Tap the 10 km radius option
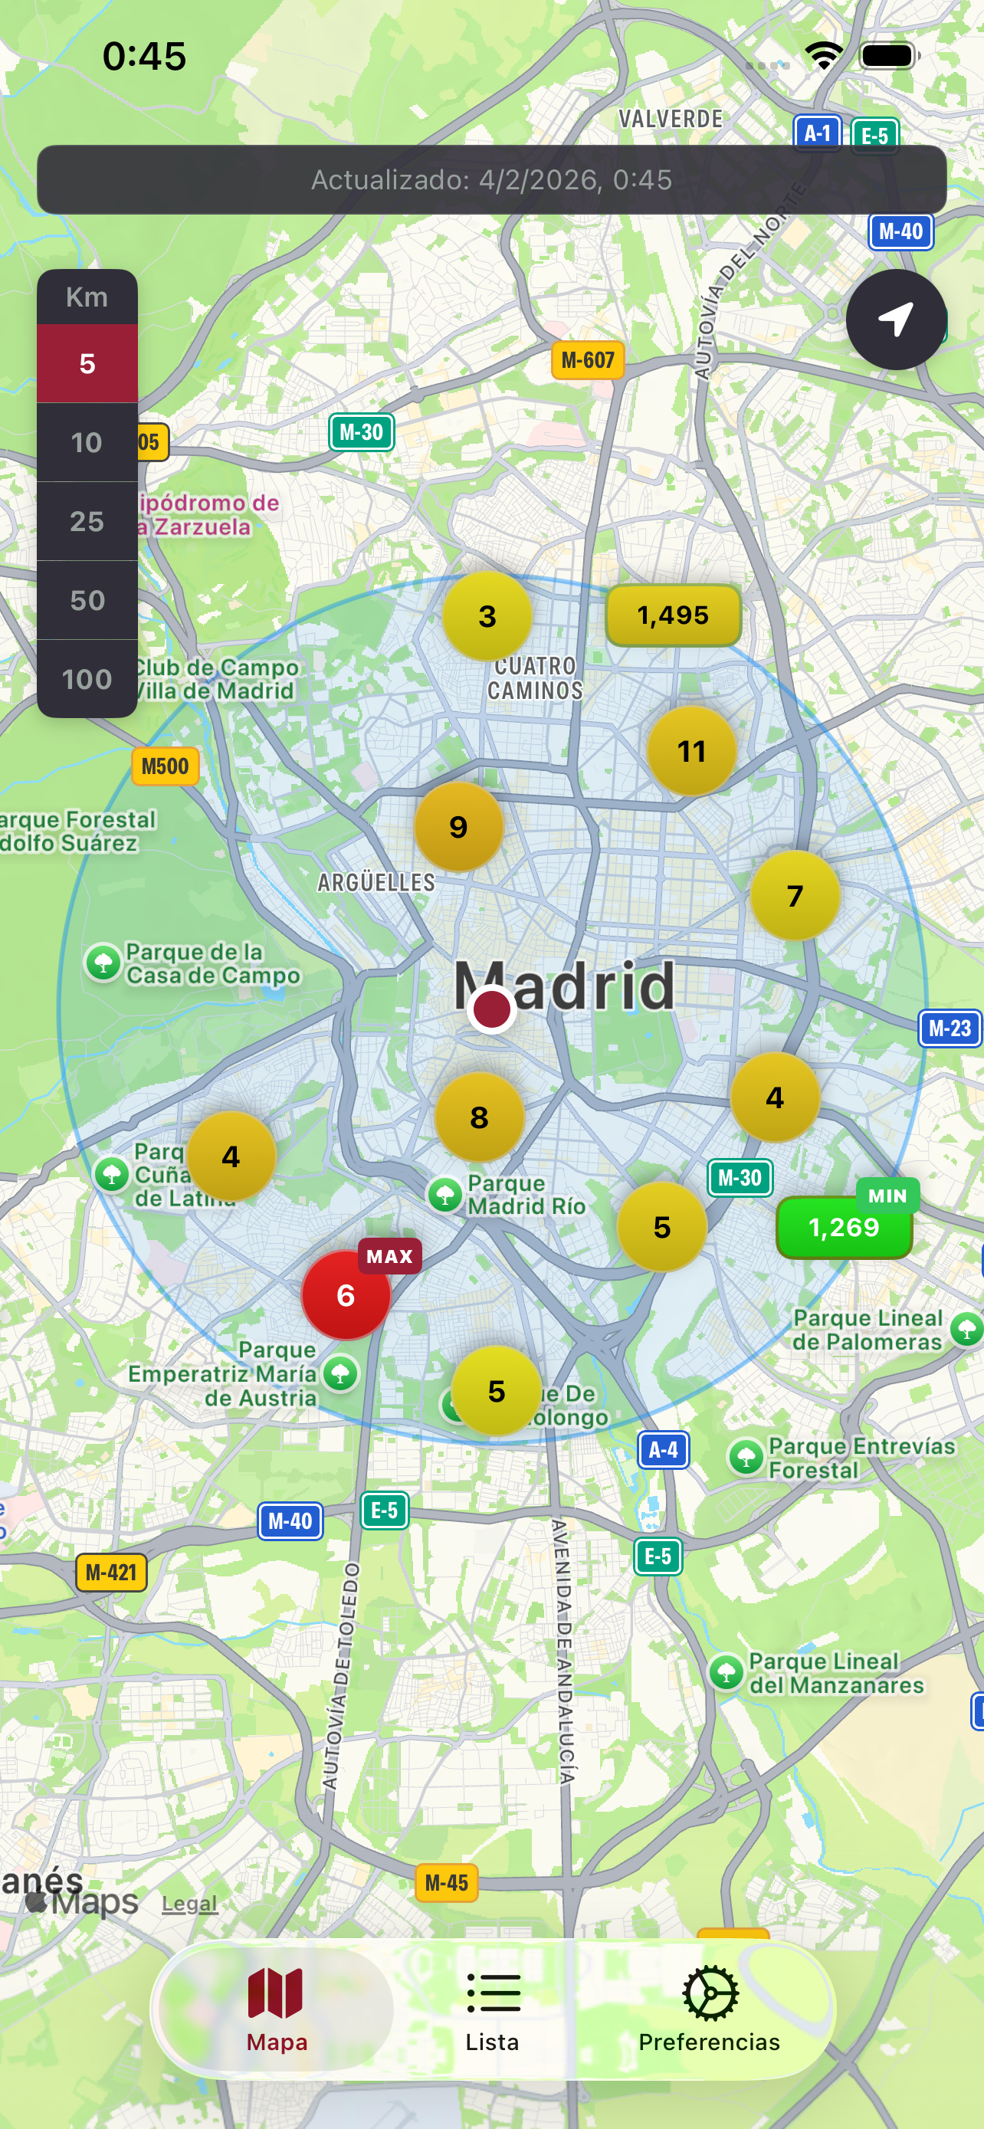[87, 442]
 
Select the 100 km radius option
[87, 678]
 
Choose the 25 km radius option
[87, 520]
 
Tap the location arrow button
[896, 319]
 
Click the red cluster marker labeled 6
[346, 1295]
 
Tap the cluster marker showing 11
[690, 750]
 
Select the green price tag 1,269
[844, 1227]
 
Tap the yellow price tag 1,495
[673, 615]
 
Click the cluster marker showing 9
[458, 826]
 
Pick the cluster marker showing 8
[479, 1117]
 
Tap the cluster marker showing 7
[795, 895]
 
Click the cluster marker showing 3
[487, 615]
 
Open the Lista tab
[493, 2010]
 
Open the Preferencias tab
[709, 2010]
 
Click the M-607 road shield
[588, 360]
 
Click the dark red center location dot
[491, 1009]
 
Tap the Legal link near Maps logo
[189, 1904]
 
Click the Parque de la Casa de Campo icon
[104, 963]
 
